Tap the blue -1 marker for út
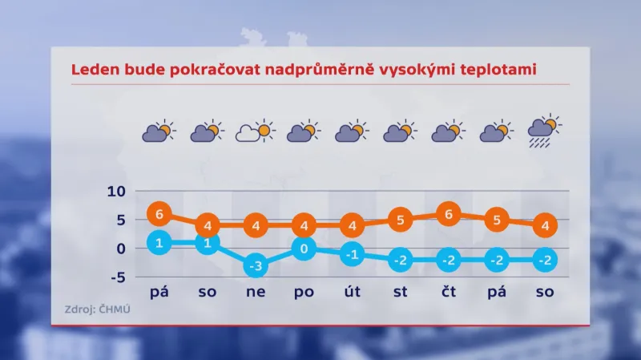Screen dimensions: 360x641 [352, 255]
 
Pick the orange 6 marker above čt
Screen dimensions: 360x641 [449, 214]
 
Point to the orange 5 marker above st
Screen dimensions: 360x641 [401, 219]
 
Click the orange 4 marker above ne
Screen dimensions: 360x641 [256, 225]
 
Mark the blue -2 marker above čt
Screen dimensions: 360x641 [449, 260]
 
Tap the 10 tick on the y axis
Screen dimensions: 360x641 [116, 192]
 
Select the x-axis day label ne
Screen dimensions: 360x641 [256, 293]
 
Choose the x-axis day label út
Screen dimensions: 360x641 [352, 293]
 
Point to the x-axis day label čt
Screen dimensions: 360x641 [449, 293]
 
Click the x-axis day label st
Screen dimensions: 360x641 [401, 293]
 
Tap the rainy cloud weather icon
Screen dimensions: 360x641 [545, 131]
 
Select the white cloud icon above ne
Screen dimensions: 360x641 [254, 131]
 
